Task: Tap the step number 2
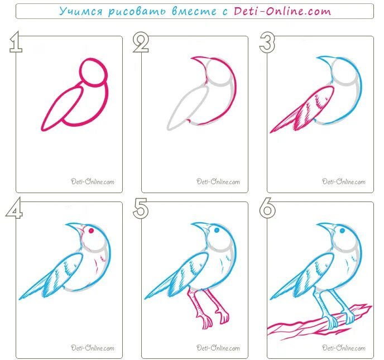pyautogui.click(x=141, y=43)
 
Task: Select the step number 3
pyautogui.click(x=267, y=43)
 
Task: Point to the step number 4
pyautogui.click(x=14, y=208)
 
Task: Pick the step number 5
pyautogui.click(x=141, y=209)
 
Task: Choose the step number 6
pyautogui.click(x=267, y=208)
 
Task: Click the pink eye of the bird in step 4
pyautogui.click(x=91, y=231)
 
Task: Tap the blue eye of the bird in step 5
pyautogui.click(x=217, y=230)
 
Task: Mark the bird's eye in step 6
pyautogui.click(x=342, y=230)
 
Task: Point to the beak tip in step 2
pyautogui.click(x=191, y=58)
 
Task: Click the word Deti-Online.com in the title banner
pyautogui.click(x=282, y=11)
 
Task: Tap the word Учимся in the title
pyautogui.click(x=81, y=12)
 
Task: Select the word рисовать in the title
pyautogui.click(x=137, y=12)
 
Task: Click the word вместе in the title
pyautogui.click(x=194, y=12)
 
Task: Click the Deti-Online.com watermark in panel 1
pyautogui.click(x=93, y=181)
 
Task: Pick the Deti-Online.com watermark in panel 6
pyautogui.click(x=344, y=348)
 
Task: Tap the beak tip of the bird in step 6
pyautogui.click(x=318, y=224)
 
